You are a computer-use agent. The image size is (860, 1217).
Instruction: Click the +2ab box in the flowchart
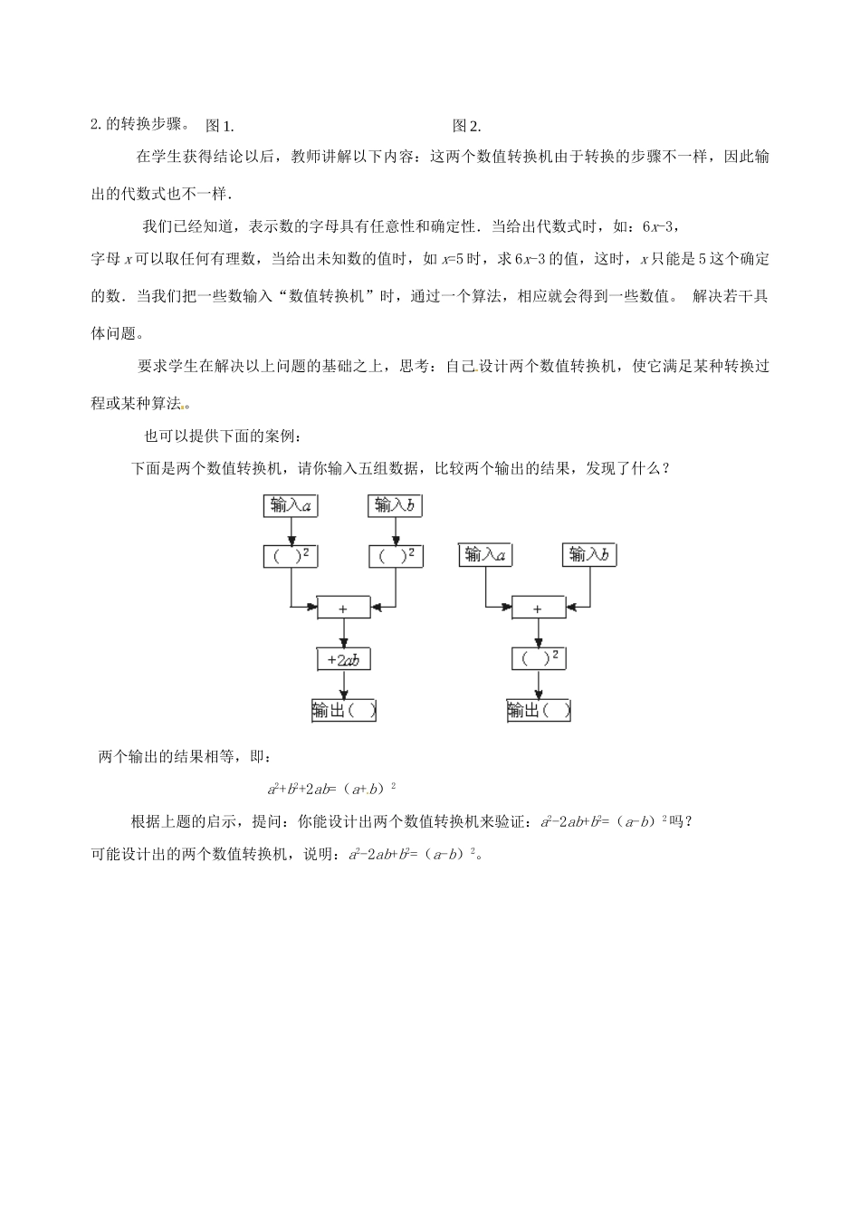click(343, 660)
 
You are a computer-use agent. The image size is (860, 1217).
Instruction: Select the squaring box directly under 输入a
click(291, 556)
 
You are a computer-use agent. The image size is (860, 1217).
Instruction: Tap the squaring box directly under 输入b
click(396, 556)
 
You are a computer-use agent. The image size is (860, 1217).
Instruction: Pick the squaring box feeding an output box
click(538, 658)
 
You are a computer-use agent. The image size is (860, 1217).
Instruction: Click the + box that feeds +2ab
click(343, 608)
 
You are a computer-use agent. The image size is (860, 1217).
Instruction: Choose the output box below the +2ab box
click(343, 711)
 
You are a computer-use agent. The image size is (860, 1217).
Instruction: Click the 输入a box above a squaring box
click(291, 505)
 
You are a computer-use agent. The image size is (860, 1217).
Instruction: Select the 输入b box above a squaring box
click(396, 505)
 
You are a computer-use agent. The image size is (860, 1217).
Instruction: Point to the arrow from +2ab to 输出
click(343, 685)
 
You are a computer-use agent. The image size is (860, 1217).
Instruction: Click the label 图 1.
click(220, 126)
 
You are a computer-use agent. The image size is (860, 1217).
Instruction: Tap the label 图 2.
click(466, 126)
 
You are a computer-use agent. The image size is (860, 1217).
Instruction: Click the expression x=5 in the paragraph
click(453, 259)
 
